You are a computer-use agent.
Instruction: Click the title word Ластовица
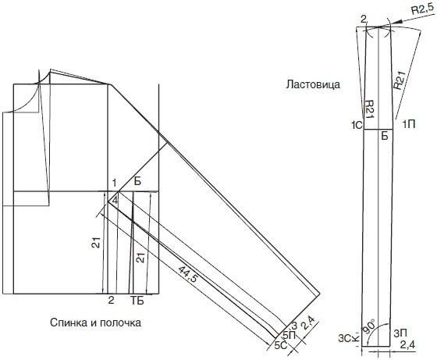313,84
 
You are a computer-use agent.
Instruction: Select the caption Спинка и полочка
95,323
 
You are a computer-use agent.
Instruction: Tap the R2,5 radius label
423,10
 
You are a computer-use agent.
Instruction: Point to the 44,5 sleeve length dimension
187,274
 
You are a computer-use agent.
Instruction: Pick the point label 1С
357,126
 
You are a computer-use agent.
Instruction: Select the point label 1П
409,124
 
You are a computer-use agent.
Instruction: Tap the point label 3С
344,339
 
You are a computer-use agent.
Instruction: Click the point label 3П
400,333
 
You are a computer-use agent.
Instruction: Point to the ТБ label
137,301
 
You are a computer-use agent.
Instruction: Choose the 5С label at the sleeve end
281,345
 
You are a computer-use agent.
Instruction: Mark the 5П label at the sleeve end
290,335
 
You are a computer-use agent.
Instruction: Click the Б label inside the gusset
385,136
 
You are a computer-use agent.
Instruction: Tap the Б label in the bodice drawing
137,181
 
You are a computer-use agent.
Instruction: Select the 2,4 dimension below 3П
407,345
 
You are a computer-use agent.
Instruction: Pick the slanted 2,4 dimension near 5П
309,323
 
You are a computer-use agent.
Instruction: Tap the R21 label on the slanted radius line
399,80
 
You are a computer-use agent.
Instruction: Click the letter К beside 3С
355,339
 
